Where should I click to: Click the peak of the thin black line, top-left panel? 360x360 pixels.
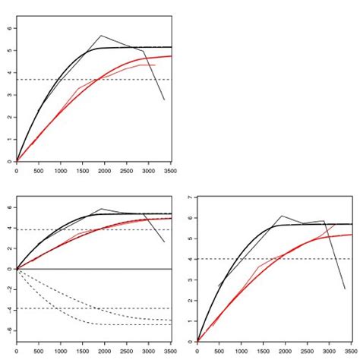pyautogui.click(x=101, y=36)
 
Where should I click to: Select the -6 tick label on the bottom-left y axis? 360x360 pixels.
pyautogui.click(x=10, y=331)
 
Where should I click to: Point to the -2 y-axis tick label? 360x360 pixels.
pyautogui.click(x=10, y=289)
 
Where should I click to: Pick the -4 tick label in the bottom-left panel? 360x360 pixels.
pyautogui.click(x=10, y=311)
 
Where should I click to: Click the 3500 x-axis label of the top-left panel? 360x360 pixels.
pyautogui.click(x=170, y=171)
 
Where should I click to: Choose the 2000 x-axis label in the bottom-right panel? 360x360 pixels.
pyautogui.click(x=285, y=351)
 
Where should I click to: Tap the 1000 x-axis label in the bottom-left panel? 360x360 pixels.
pyautogui.click(x=61, y=351)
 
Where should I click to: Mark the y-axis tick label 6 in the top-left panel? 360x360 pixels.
pyautogui.click(x=10, y=28)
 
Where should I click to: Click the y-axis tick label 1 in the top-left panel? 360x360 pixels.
pyautogui.click(x=10, y=140)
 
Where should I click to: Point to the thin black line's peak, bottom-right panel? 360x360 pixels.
pyautogui.click(x=282, y=216)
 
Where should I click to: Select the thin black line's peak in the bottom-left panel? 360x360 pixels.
pyautogui.click(x=101, y=209)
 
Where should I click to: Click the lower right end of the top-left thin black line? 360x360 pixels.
pyautogui.click(x=164, y=99)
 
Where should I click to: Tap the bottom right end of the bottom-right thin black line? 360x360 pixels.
pyautogui.click(x=345, y=289)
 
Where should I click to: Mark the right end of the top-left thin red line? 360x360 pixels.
pyautogui.click(x=155, y=65)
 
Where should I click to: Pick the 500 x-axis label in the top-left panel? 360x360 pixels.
pyautogui.click(x=39, y=171)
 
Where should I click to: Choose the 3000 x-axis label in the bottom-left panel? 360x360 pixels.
pyautogui.click(x=148, y=351)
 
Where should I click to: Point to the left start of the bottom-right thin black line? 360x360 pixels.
pyautogui.click(x=219, y=286)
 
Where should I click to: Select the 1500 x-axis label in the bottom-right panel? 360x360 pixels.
pyautogui.click(x=264, y=351)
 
